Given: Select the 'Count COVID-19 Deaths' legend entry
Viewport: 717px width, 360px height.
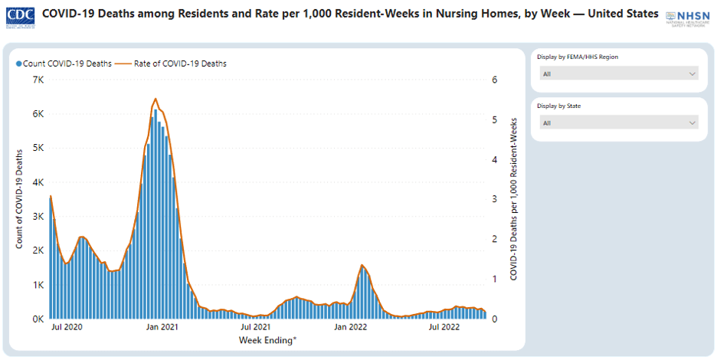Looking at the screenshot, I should click(64, 64).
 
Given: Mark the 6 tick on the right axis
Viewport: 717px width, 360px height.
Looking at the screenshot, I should click(495, 80).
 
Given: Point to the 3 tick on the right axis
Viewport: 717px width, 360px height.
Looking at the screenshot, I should click(495, 199).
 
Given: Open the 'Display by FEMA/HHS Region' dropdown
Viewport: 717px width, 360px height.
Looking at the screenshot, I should click(619, 74).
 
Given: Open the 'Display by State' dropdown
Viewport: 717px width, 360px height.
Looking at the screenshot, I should click(619, 123).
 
